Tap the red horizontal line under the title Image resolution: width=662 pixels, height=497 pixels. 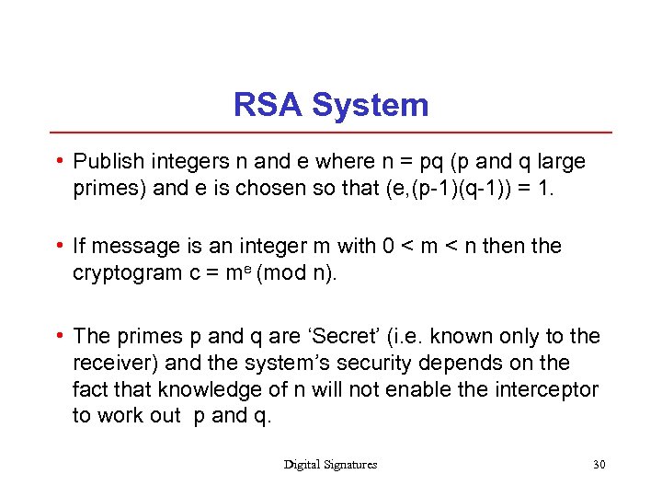tap(331, 133)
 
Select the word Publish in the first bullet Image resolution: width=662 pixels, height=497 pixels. tap(108, 162)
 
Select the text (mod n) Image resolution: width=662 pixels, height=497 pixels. tap(299, 272)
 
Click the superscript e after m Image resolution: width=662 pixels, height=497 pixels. tap(250, 268)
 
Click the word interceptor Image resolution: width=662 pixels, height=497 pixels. tap(549, 388)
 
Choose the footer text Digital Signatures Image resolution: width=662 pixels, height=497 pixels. tap(330, 465)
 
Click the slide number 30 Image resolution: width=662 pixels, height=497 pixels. tap(599, 465)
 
